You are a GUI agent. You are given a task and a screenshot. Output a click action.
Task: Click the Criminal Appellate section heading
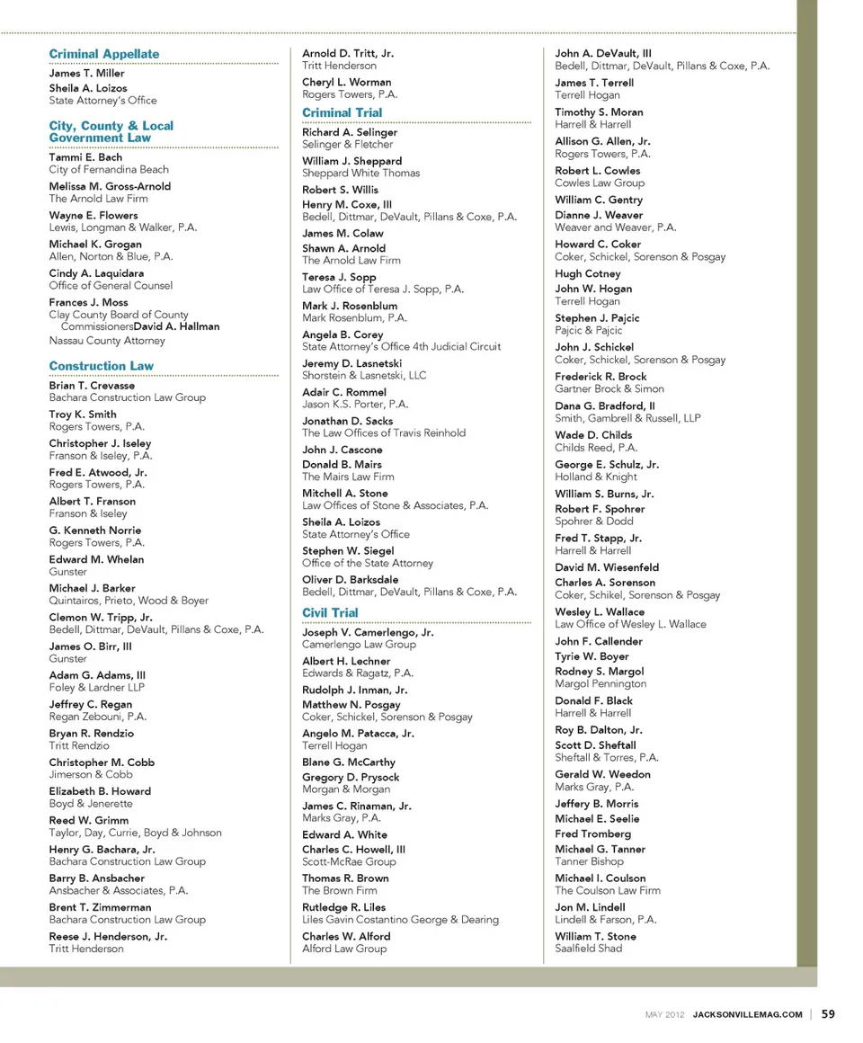pos(103,54)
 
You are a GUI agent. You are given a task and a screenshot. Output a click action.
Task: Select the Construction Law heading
pos(101,366)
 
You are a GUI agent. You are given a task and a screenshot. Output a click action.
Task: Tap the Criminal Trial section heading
pos(342,112)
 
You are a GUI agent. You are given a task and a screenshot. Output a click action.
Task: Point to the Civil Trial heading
pos(330,612)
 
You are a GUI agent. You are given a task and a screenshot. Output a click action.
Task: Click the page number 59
pos(827,1014)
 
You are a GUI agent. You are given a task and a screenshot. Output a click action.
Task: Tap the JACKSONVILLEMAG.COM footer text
pos(747,1015)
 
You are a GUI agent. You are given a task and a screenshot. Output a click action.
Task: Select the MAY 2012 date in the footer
pos(665,1015)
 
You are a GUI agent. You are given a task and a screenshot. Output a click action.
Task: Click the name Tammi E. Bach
pos(85,157)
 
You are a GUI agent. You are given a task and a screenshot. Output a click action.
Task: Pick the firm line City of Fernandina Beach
pos(109,169)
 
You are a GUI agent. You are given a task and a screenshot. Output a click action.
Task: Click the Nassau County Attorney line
pos(107,341)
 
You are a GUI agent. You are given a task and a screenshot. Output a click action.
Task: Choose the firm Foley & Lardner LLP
pos(96,687)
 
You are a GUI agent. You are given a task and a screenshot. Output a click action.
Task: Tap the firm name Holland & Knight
pos(596,477)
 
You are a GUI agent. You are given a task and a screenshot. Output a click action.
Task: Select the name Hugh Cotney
pos(587,273)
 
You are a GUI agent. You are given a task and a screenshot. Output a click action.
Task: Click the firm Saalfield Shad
pos(588,948)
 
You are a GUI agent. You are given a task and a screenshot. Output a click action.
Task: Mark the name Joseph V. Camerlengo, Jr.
pos(368,632)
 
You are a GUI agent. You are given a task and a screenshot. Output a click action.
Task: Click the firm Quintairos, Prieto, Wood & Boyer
pos(129,600)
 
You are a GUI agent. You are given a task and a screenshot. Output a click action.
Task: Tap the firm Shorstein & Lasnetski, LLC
pos(364,375)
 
